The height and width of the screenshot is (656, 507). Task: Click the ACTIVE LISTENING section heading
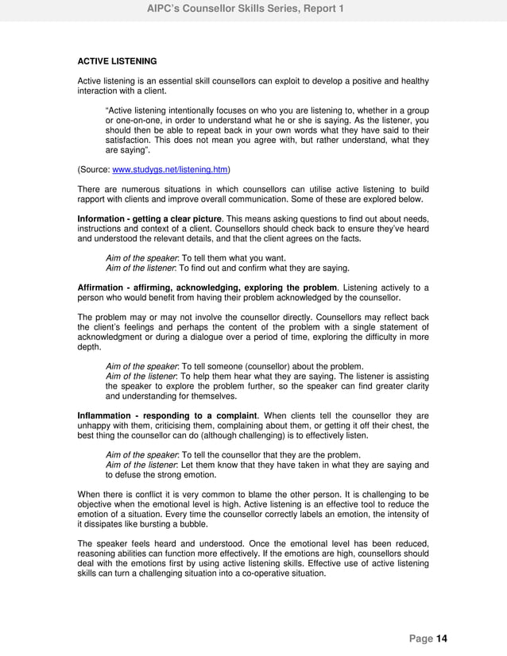tap(117, 61)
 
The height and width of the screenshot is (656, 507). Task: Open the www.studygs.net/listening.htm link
tap(171, 169)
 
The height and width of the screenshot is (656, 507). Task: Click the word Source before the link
tap(95, 169)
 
